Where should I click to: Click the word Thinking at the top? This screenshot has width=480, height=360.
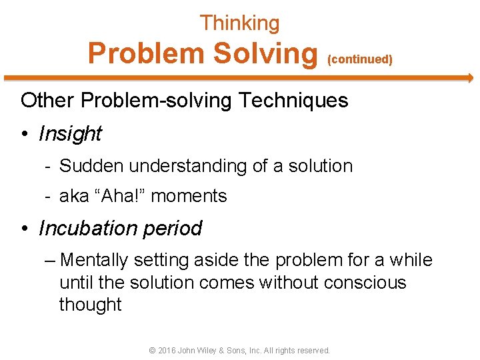pos(239,23)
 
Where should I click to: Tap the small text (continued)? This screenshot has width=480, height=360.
pos(359,59)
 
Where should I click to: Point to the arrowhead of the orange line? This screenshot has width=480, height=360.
pos(469,78)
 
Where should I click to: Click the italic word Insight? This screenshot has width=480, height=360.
pos(70,134)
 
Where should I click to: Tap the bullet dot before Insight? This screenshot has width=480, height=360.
pos(24,134)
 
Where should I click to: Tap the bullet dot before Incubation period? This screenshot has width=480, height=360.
pos(24,229)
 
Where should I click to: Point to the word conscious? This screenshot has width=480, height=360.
pos(365,283)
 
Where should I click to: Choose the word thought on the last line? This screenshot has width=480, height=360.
pos(90,305)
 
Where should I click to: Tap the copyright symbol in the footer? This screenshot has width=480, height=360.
pos(152,350)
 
